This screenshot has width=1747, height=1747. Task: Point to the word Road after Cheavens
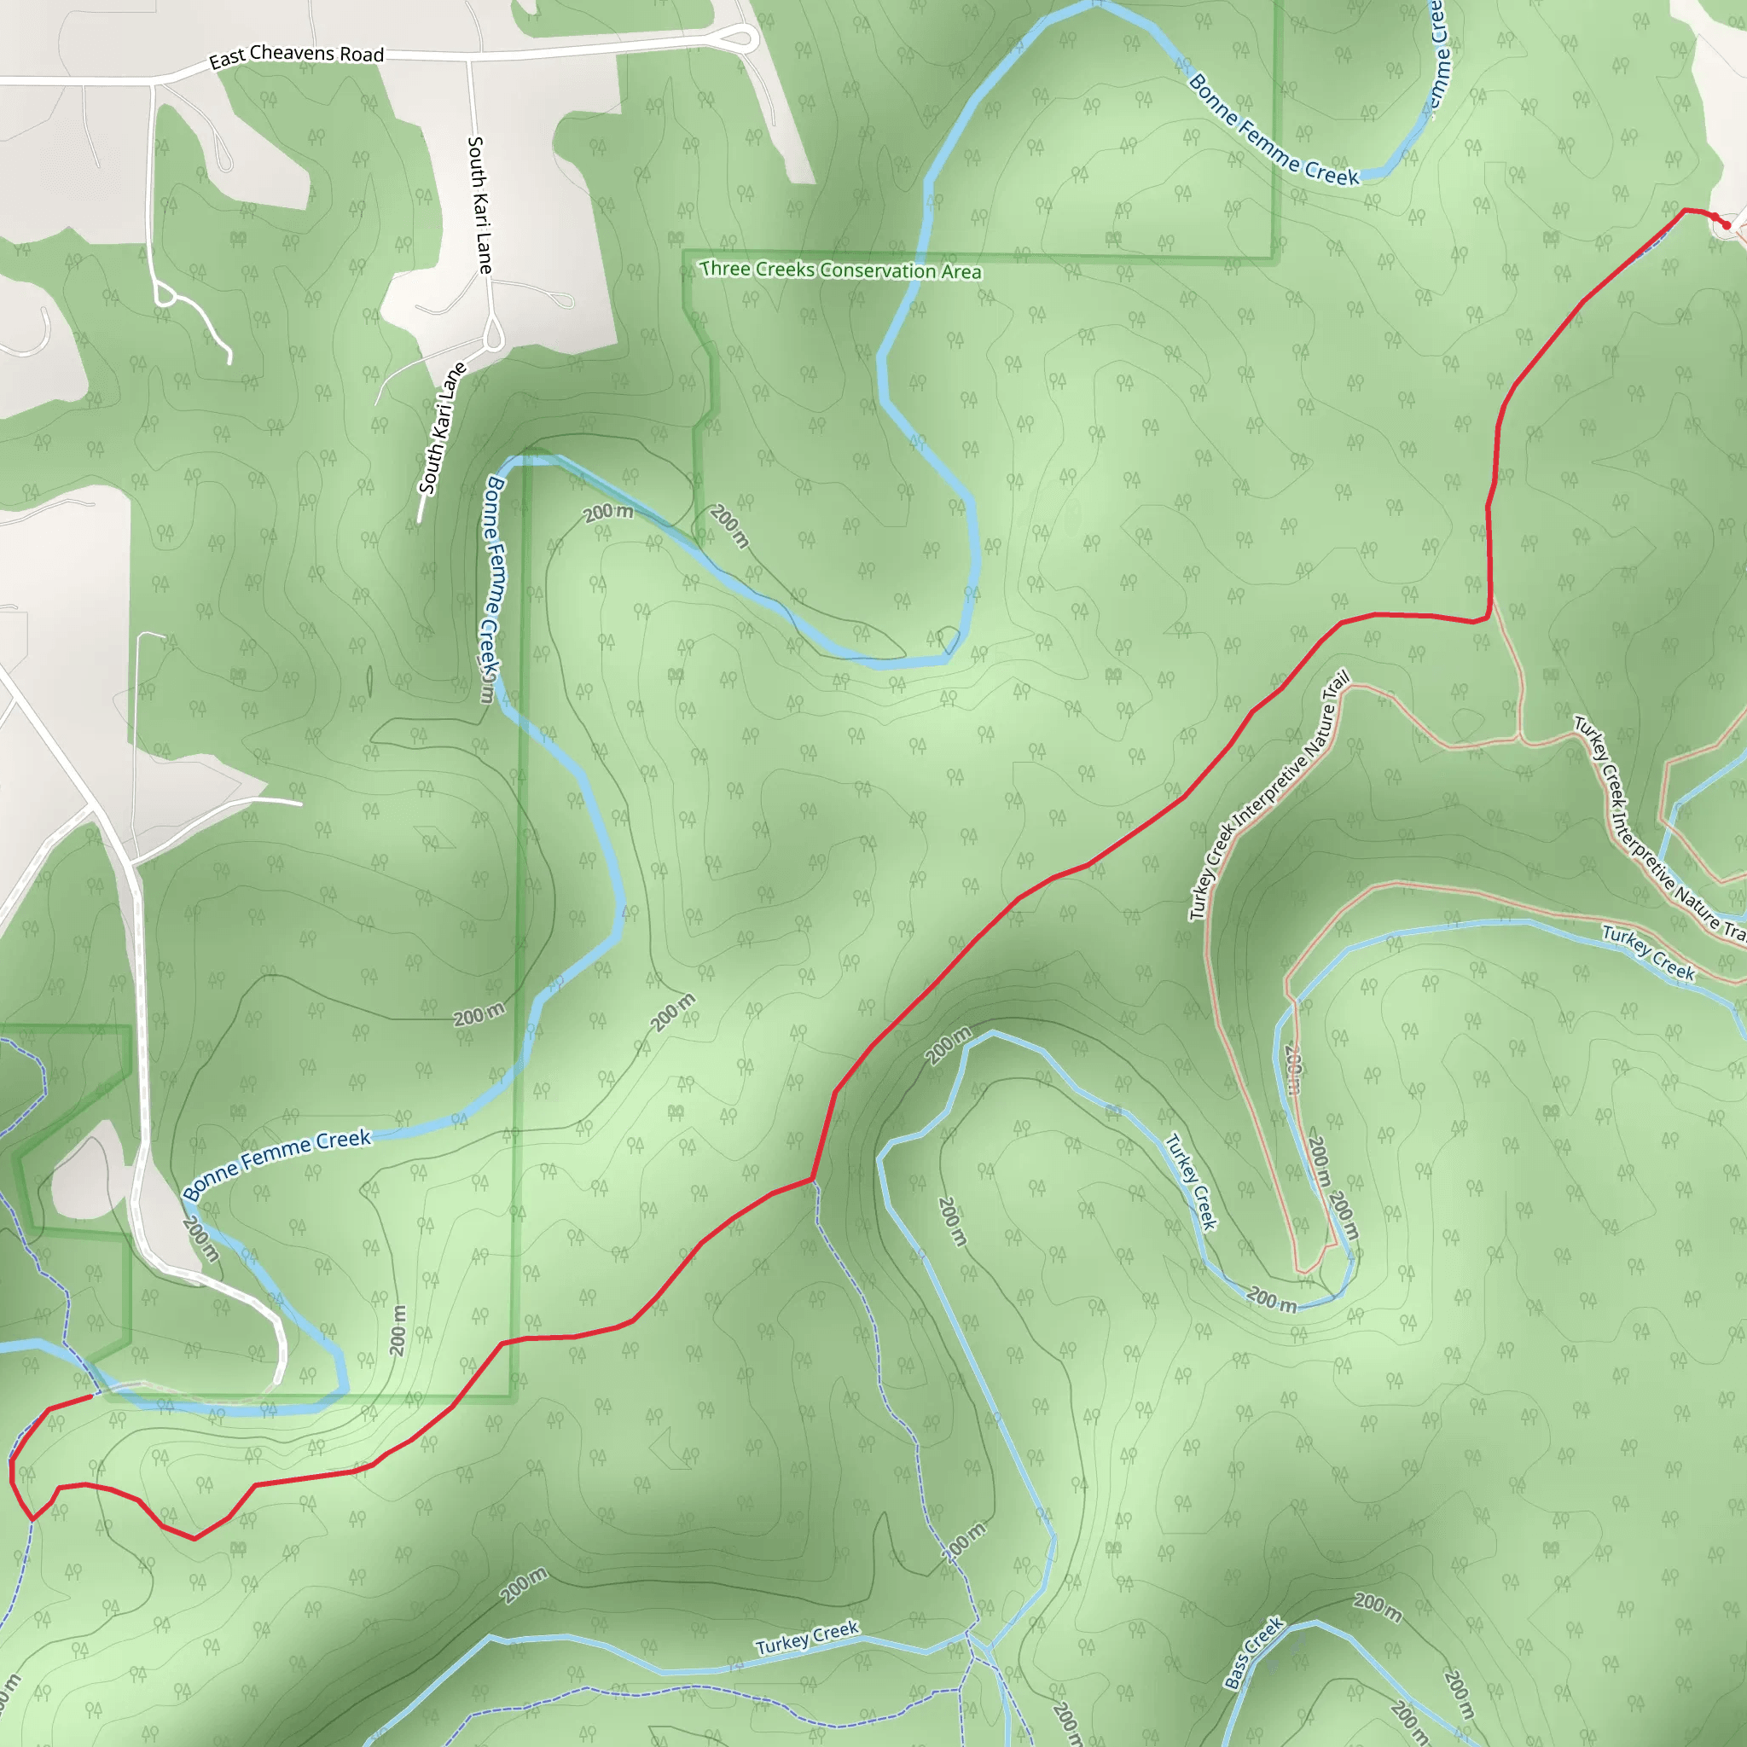pyautogui.click(x=362, y=55)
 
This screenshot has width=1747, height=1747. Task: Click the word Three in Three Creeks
pyautogui.click(x=725, y=269)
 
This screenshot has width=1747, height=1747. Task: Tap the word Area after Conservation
pyautogui.click(x=961, y=272)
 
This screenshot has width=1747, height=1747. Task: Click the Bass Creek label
pyautogui.click(x=1253, y=1652)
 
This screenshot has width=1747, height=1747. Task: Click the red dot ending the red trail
pyautogui.click(x=1726, y=225)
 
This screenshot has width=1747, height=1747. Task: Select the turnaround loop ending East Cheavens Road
pyautogui.click(x=741, y=39)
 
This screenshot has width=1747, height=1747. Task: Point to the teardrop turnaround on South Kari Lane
pyautogui.click(x=494, y=336)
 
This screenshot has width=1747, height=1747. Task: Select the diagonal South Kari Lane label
pyautogui.click(x=442, y=427)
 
